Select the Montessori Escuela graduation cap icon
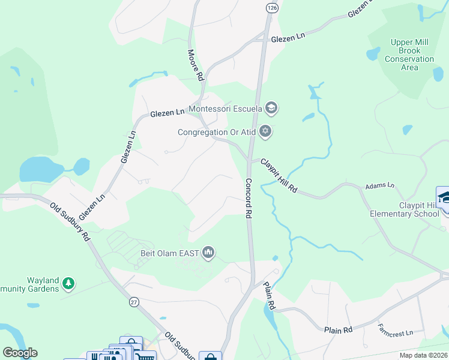point(271,108)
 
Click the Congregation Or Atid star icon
point(265,132)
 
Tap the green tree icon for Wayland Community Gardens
point(69,283)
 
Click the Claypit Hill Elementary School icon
point(444,198)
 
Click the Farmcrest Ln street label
point(396,332)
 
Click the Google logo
point(19,353)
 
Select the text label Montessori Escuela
point(225,109)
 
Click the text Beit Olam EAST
point(170,253)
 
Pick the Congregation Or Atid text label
point(217,133)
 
